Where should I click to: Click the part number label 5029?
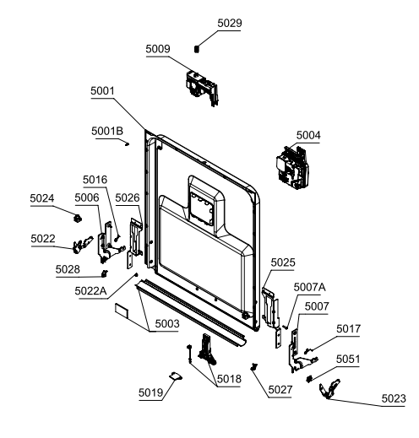[230, 24]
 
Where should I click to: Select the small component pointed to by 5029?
[197, 49]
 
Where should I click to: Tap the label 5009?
[158, 49]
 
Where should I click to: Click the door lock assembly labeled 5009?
[202, 88]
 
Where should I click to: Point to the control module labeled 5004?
[292, 167]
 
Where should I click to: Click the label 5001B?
[107, 131]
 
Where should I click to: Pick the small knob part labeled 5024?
[78, 218]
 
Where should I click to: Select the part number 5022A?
[90, 291]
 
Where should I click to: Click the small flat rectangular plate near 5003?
[122, 311]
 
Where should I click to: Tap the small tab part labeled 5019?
[176, 376]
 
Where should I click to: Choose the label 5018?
[229, 379]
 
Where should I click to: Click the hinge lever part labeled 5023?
[329, 388]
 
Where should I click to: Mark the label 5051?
[348, 360]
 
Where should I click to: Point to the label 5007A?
[309, 287]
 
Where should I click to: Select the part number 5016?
[95, 180]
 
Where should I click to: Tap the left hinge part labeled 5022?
[83, 245]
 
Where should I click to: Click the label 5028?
[68, 269]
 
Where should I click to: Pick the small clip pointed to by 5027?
[254, 367]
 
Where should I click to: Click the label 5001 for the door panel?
[102, 91]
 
